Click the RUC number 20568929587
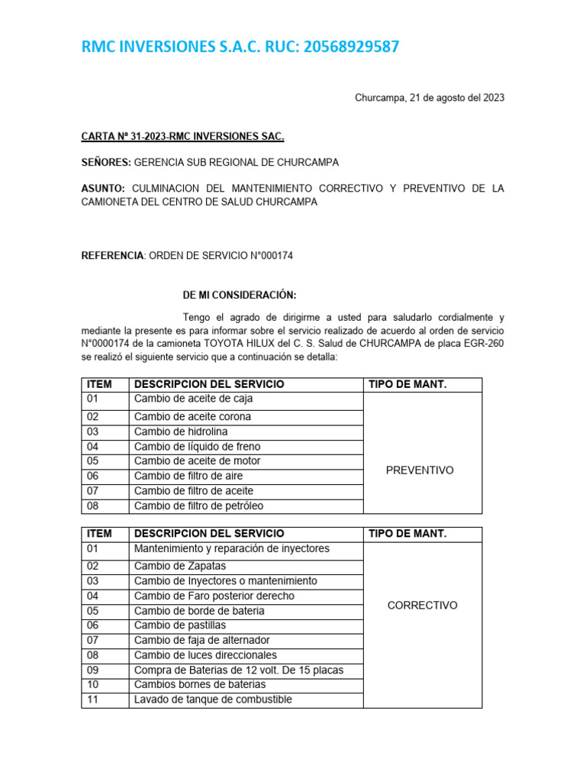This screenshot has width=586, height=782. [x=351, y=47]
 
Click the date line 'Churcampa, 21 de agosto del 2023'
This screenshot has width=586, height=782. [x=430, y=98]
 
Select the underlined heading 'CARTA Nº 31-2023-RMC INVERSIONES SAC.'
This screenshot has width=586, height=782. [x=182, y=137]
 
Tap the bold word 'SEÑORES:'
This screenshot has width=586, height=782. [x=107, y=163]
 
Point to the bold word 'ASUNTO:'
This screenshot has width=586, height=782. [x=103, y=188]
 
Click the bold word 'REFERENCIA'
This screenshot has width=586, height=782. [x=112, y=256]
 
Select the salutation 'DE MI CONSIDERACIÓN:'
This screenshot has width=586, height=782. [x=240, y=295]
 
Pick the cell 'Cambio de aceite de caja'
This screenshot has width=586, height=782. [x=193, y=399]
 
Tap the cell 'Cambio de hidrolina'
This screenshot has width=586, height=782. [x=181, y=431]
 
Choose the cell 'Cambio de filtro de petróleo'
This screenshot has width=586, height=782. [x=199, y=506]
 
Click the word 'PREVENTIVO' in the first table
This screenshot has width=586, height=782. [x=420, y=470]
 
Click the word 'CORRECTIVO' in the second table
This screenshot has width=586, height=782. [x=423, y=606]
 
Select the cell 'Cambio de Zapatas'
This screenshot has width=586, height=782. [x=180, y=566]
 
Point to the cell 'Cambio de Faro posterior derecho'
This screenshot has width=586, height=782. [x=214, y=596]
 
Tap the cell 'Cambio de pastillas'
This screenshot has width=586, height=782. [x=181, y=625]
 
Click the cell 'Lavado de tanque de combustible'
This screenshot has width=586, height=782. [x=213, y=700]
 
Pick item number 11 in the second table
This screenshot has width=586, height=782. [x=93, y=700]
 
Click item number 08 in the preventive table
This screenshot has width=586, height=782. [x=93, y=506]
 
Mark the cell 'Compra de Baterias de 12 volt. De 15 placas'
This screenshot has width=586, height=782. [x=239, y=670]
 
